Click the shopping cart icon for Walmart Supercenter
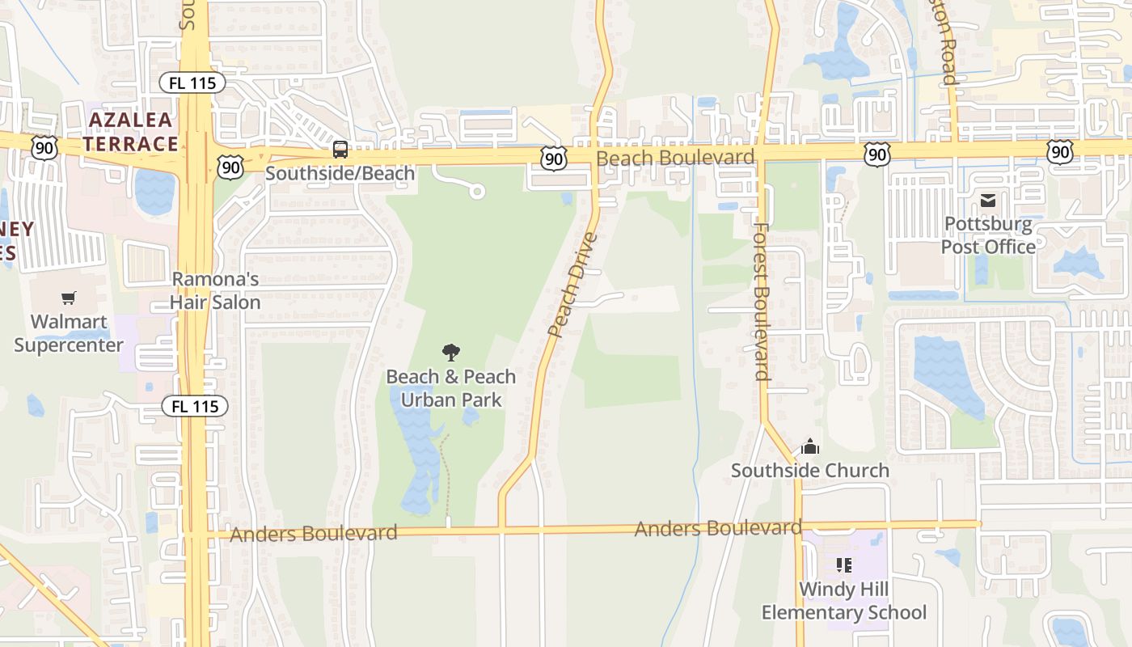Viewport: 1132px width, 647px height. pos(69,298)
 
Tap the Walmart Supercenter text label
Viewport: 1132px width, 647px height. pos(70,333)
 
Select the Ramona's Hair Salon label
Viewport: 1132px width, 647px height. pos(215,291)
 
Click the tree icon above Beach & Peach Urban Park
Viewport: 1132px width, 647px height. pos(451,352)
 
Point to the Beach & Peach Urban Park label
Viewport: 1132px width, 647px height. pos(451,388)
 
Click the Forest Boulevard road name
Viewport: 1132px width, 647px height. pos(761,301)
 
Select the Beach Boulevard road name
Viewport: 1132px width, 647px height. pos(675,158)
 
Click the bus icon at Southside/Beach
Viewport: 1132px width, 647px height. pos(340,150)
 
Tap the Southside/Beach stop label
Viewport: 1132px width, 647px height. pos(340,173)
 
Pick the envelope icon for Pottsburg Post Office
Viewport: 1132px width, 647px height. pos(988,201)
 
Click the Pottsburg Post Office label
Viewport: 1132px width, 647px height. pos(988,235)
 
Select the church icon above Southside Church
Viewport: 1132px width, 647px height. pos(810,446)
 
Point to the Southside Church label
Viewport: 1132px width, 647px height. pos(810,470)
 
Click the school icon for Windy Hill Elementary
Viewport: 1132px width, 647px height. pos(844,565)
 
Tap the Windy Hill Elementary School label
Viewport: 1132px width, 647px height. pos(844,601)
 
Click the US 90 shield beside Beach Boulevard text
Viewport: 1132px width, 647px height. pos(554,159)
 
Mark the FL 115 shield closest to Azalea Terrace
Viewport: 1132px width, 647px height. pos(192,82)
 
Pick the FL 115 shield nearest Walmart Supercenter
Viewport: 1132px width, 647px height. pos(195,406)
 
